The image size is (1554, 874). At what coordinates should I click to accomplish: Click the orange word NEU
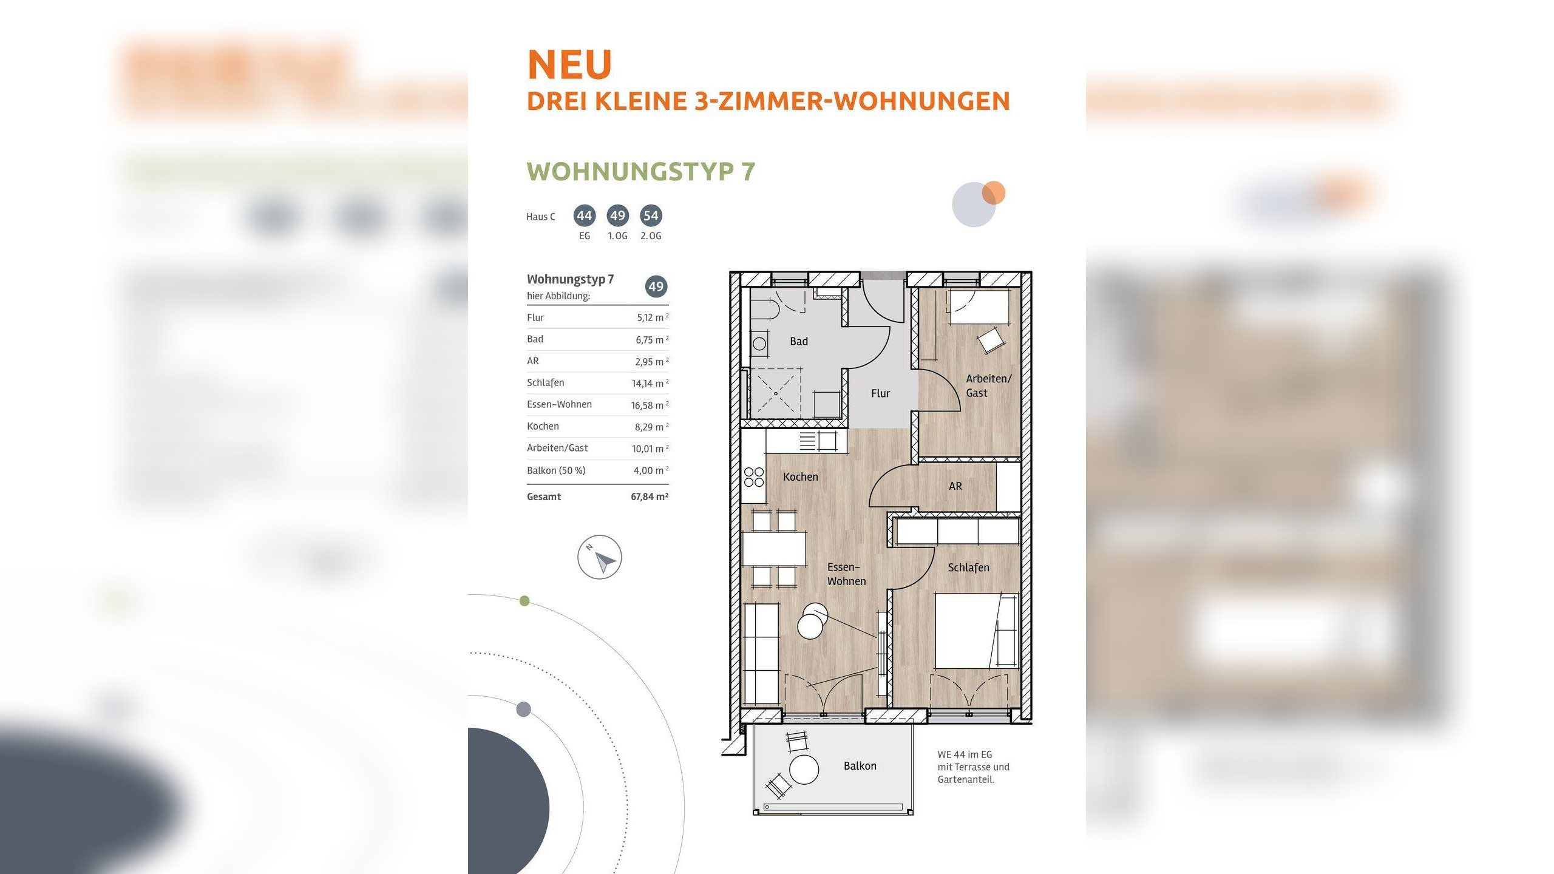point(569,64)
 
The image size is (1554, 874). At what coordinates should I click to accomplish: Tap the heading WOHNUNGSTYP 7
point(640,172)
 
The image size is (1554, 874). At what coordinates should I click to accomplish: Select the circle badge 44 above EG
point(584,215)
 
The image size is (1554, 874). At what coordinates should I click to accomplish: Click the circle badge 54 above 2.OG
point(651,215)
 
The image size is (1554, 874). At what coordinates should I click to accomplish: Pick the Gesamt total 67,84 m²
point(649,496)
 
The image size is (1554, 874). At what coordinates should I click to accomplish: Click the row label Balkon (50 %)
point(556,470)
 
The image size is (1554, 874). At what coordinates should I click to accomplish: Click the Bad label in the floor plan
point(798,342)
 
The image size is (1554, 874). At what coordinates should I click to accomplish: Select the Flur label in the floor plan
point(880,393)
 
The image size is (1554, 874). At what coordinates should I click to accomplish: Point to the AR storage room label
point(955,486)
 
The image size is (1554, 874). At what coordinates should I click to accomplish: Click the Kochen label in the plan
point(800,477)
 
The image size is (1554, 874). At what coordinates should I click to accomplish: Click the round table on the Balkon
point(804,770)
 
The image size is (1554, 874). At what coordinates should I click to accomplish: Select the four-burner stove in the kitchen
point(753,477)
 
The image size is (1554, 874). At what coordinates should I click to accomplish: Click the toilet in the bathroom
point(766,310)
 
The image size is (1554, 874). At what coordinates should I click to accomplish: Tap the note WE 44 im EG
point(965,754)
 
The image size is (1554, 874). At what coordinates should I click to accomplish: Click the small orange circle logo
point(994,193)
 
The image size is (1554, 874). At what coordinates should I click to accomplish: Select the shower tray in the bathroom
point(775,393)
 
